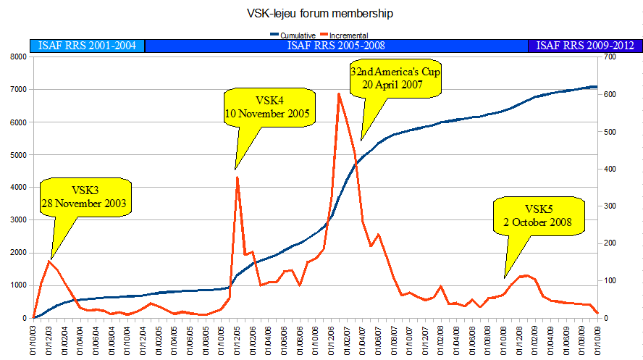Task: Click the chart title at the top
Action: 322,12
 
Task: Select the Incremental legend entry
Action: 347,34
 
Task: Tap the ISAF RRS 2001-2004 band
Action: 88,46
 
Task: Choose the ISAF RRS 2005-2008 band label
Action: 336,46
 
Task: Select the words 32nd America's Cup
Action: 395,72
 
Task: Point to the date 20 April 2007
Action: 395,85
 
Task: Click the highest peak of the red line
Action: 339,93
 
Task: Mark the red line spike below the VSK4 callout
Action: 238,177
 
